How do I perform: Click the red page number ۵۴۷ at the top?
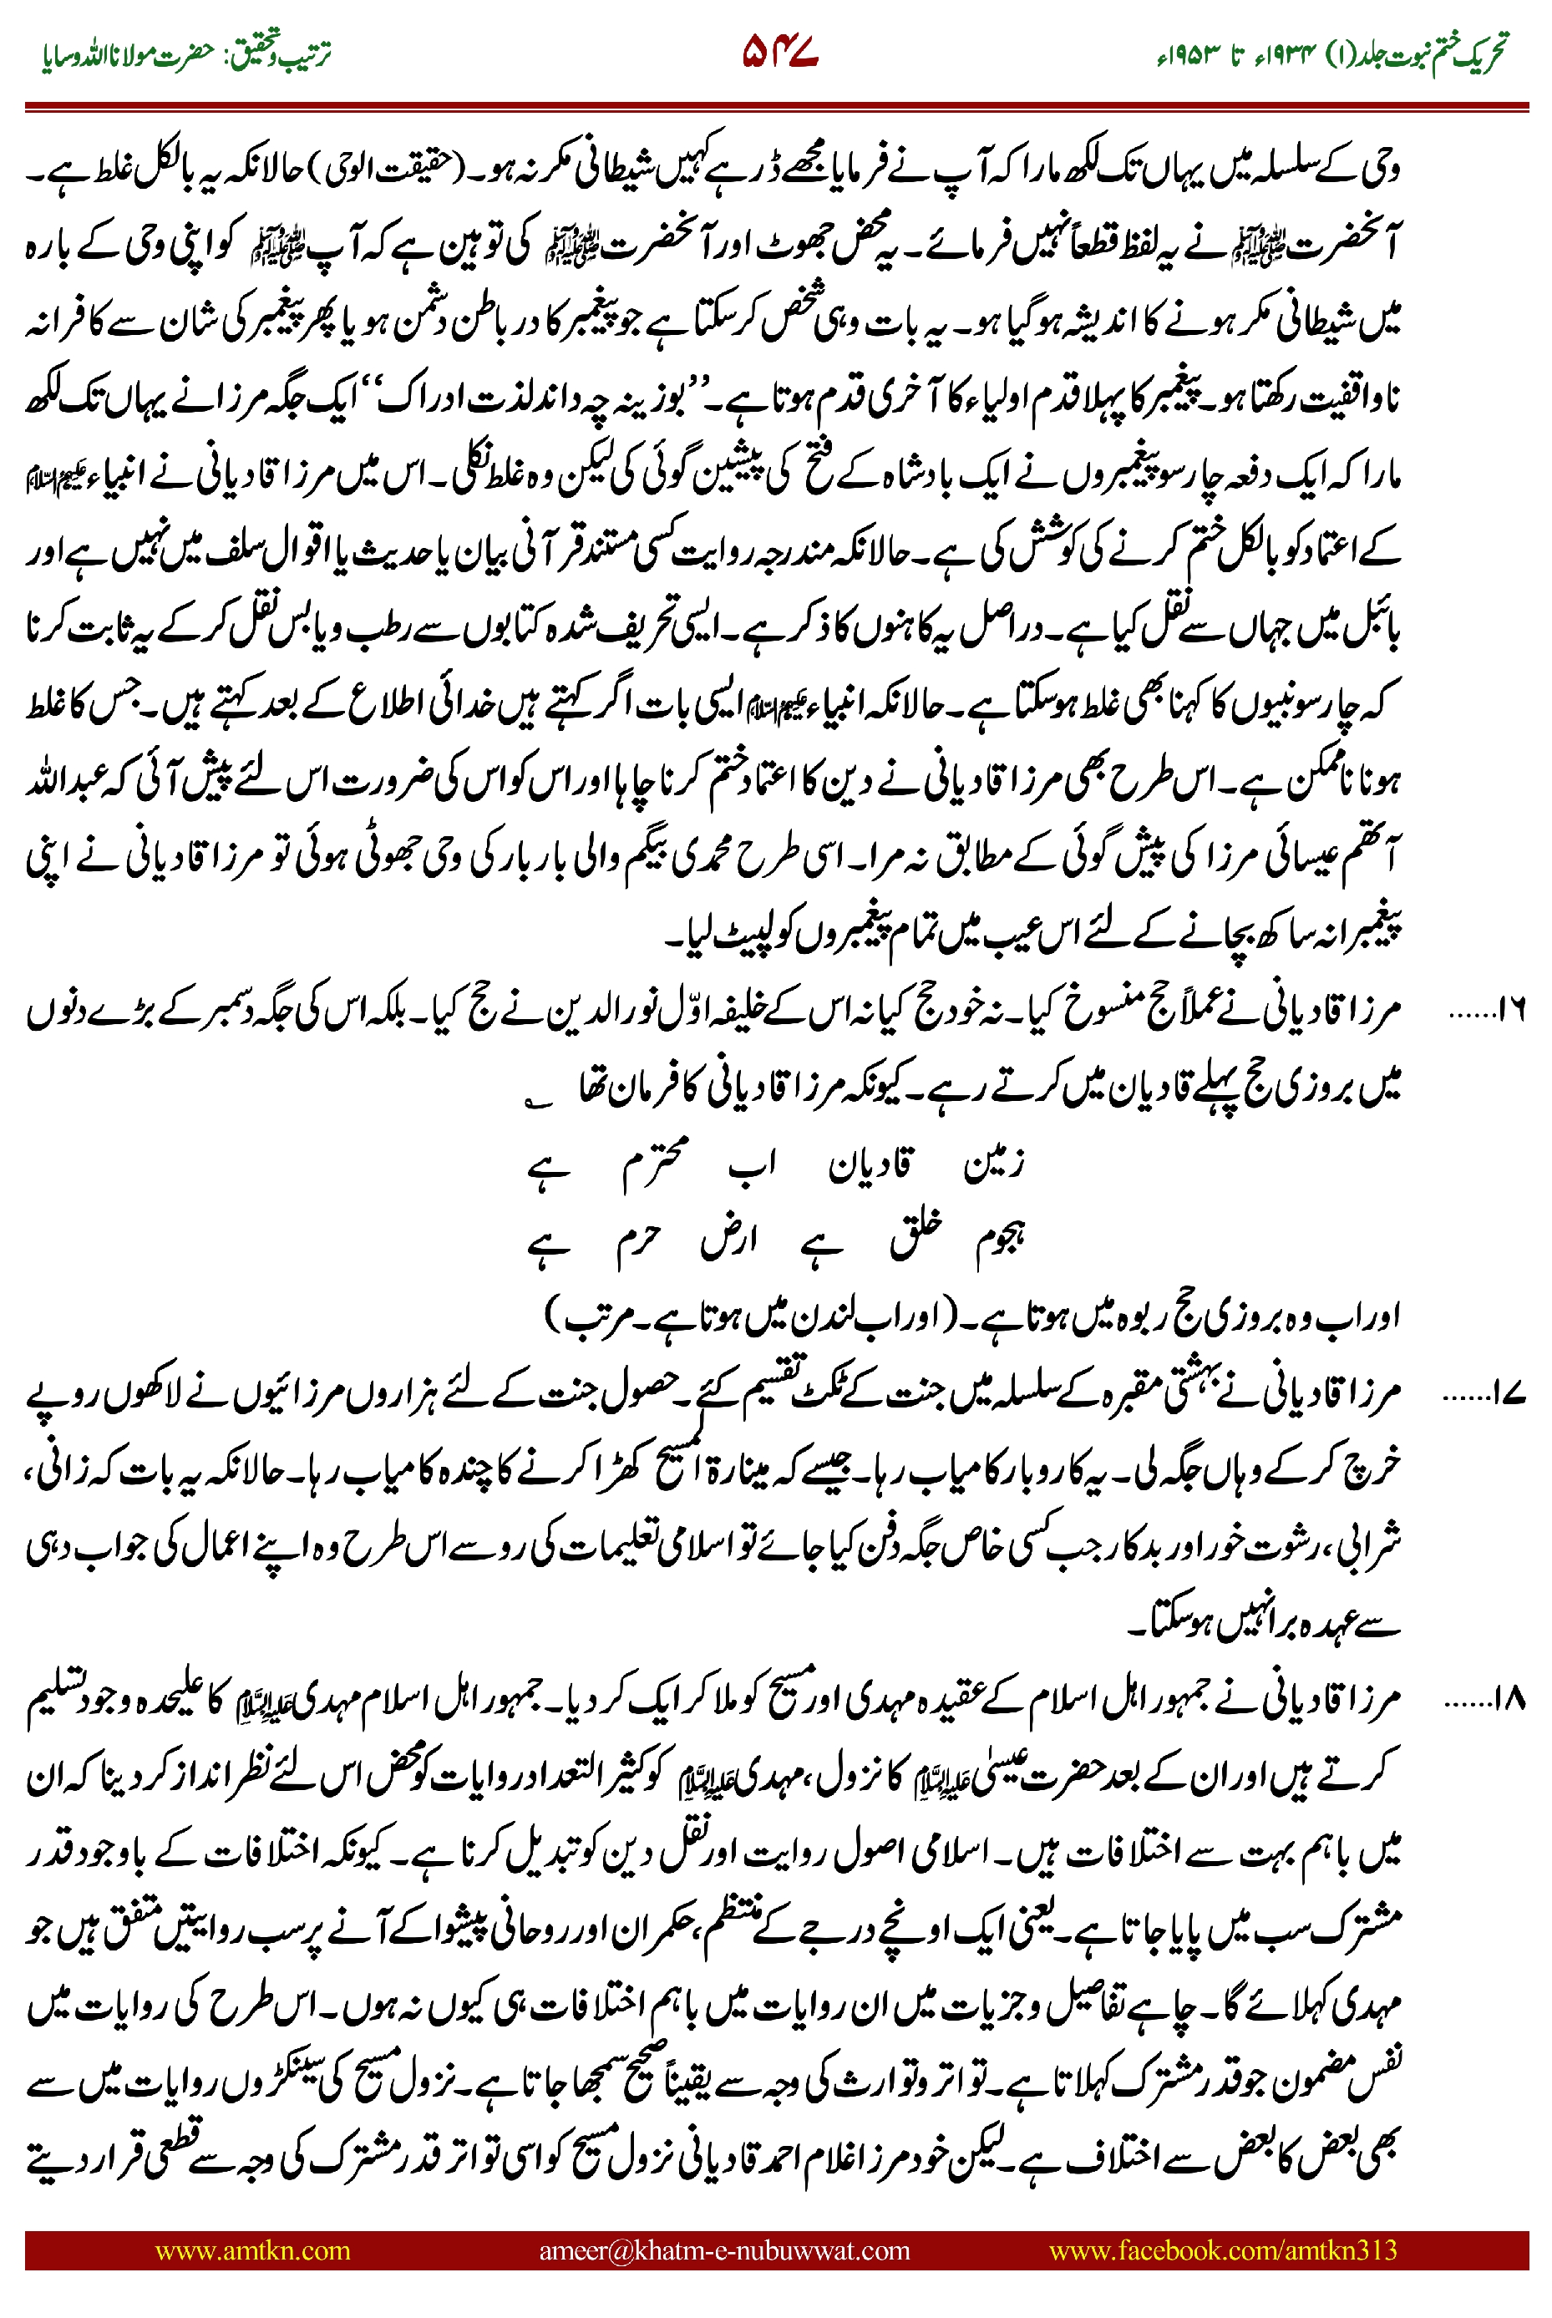tap(779, 54)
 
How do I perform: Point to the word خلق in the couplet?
tap(916, 1237)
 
